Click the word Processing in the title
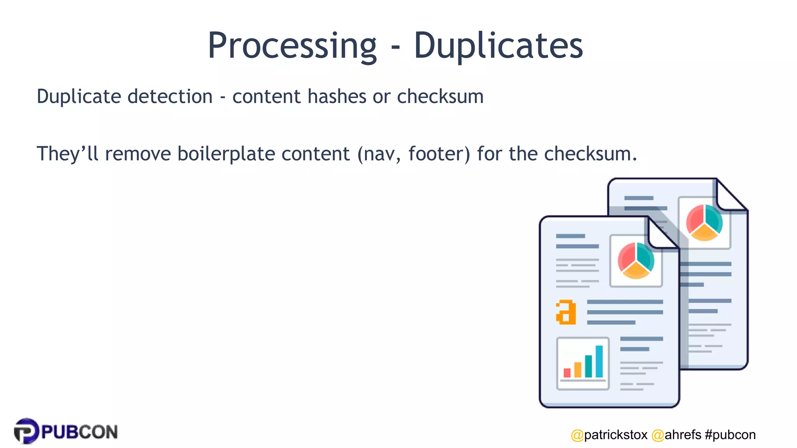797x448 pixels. click(x=292, y=46)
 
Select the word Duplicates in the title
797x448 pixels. click(x=498, y=46)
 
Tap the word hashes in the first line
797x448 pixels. click(x=337, y=96)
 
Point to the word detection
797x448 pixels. click(x=170, y=96)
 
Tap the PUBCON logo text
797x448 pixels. click(x=79, y=432)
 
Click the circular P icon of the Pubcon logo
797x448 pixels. click(x=26, y=431)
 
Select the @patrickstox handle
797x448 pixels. click(x=609, y=435)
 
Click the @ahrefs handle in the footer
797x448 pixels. click(x=676, y=435)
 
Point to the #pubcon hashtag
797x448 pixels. click(x=730, y=435)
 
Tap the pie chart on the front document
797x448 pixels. click(x=636, y=261)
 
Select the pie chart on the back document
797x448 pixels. click(x=704, y=222)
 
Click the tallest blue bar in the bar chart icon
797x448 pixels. click(x=599, y=361)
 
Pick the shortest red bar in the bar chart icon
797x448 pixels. click(x=567, y=373)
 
